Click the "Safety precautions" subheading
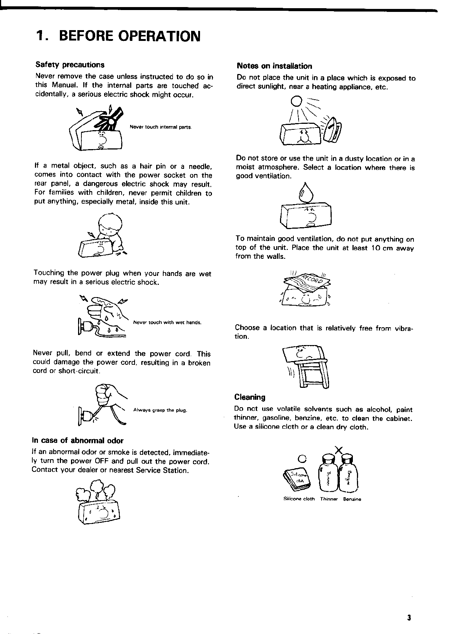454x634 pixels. pos(70,65)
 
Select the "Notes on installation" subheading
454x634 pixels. pos(274,67)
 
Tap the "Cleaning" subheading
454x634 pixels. pos(250,397)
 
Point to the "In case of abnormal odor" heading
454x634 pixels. pos(78,441)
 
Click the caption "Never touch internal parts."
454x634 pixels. pos(161,127)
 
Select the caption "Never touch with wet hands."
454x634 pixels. pos(167,322)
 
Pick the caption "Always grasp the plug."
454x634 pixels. pos(160,411)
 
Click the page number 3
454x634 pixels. pos(409,618)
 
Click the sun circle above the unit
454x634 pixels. pos(296,100)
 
